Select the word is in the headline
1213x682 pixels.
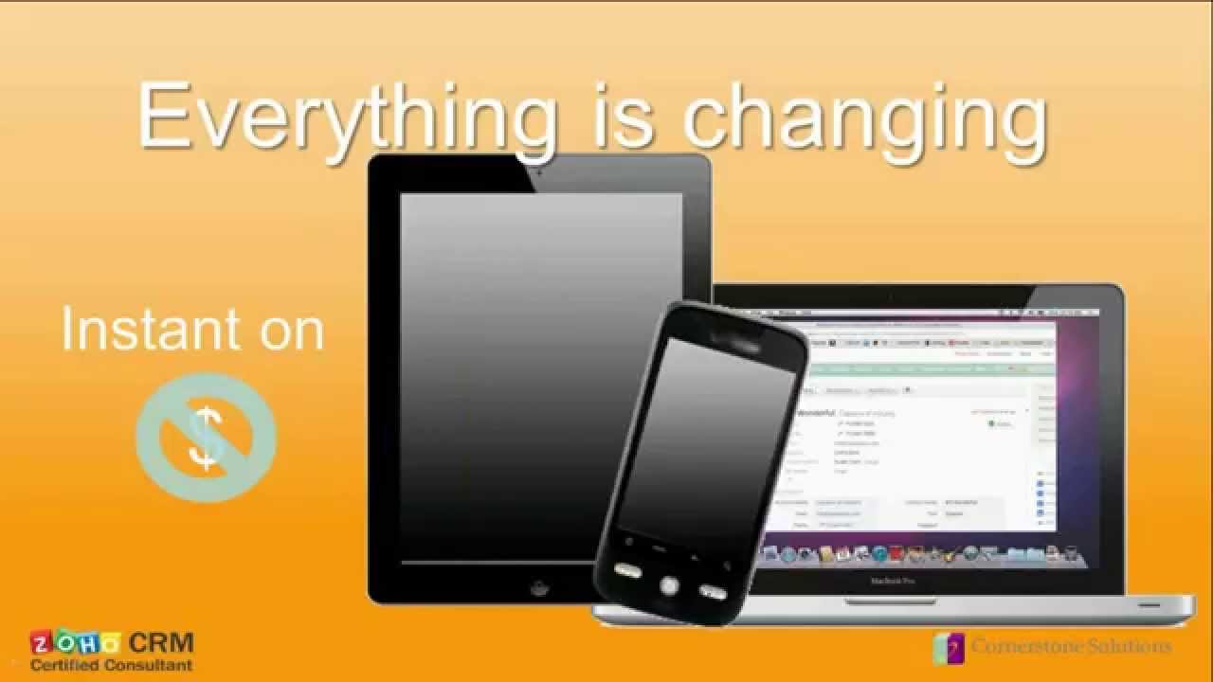pos(625,116)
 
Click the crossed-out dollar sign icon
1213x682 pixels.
pos(206,437)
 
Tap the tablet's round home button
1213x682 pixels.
pos(539,586)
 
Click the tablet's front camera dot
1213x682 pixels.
pos(539,173)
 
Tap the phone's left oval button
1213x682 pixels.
pos(627,570)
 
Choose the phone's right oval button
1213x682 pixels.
pos(712,592)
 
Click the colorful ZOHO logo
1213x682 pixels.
pos(75,643)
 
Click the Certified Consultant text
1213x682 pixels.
pos(111,665)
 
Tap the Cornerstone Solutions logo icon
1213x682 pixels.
pos(948,648)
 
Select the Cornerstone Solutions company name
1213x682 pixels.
pos(1070,647)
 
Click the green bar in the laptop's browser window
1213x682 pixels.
pos(910,368)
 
